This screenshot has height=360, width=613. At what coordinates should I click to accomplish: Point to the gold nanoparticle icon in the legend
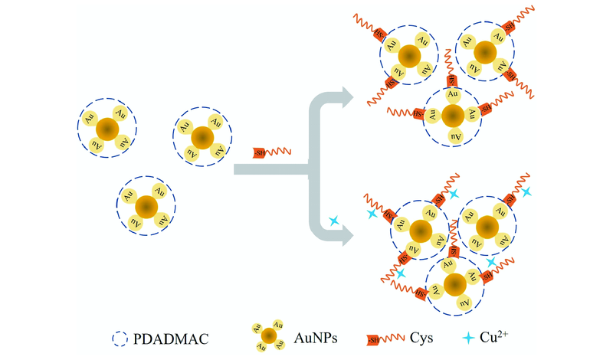tap(268, 335)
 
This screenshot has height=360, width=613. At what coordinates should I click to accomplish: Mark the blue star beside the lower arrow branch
tap(334, 221)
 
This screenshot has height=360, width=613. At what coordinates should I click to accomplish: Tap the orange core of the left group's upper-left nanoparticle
tap(108, 129)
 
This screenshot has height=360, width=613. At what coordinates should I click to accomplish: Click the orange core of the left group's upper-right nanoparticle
tap(202, 137)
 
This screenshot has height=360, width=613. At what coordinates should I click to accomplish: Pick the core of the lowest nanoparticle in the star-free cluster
tap(453, 116)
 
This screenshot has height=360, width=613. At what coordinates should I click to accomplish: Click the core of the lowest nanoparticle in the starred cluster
tap(454, 284)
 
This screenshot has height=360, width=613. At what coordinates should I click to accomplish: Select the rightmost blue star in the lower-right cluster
tap(526, 191)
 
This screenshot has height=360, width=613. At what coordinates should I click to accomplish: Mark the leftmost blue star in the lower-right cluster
tap(372, 215)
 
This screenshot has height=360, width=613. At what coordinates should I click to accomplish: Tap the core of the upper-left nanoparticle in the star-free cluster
tap(408, 55)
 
